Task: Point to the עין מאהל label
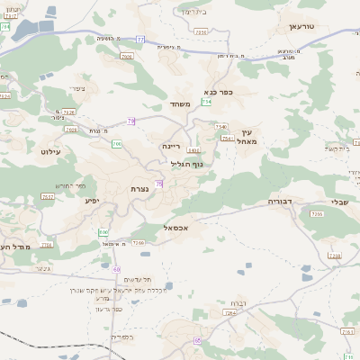[248, 136]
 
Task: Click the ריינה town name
[172, 146]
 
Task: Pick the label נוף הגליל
[186, 164]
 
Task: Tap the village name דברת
[238, 303]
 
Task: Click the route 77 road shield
[141, 39]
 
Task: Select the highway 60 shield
[116, 269]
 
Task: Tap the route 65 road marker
[197, 340]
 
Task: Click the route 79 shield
[131, 121]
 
